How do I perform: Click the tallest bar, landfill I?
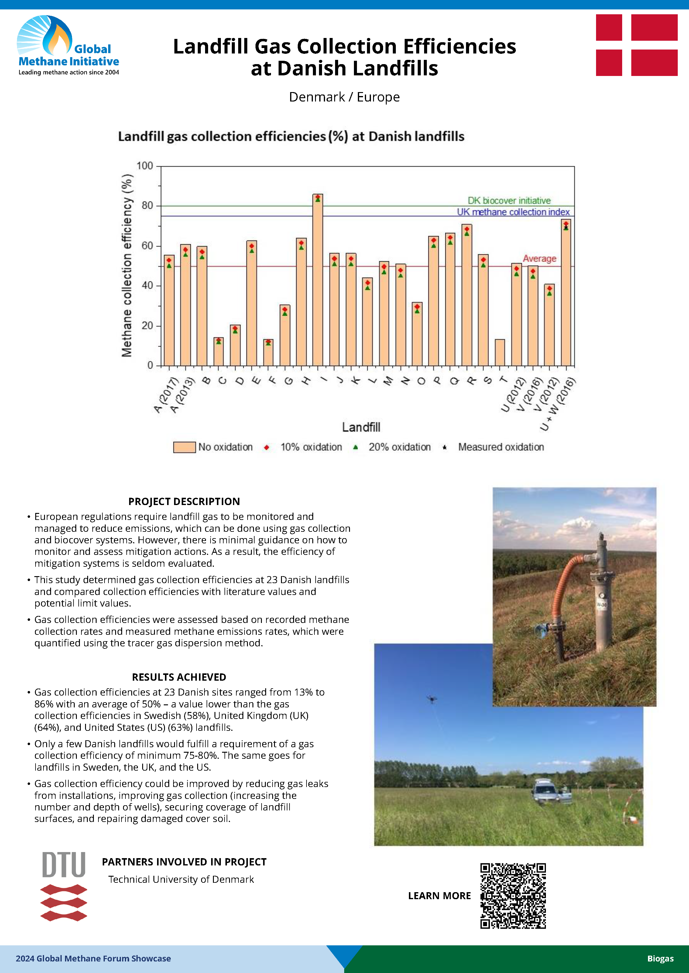(x=318, y=280)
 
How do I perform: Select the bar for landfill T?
(x=500, y=352)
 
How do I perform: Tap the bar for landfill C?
(x=218, y=352)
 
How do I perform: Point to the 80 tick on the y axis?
(x=147, y=206)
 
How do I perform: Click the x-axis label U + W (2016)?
(x=557, y=404)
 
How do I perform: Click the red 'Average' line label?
(x=539, y=258)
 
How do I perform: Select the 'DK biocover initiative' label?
(x=509, y=200)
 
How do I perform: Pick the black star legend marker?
(x=445, y=447)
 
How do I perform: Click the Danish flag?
(x=636, y=45)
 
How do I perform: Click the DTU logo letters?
(x=63, y=865)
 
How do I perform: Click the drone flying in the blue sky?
(x=432, y=699)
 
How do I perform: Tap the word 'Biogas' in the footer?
(x=660, y=959)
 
